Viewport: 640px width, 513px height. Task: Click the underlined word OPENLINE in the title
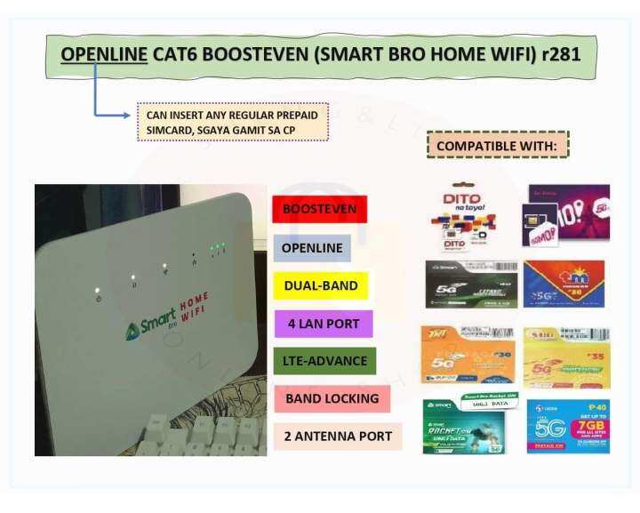(x=103, y=55)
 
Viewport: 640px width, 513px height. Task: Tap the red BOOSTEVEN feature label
(x=319, y=211)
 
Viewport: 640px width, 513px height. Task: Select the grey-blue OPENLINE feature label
(x=311, y=248)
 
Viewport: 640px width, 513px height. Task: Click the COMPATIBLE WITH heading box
(x=498, y=144)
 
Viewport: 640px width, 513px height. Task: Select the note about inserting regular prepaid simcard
(x=233, y=123)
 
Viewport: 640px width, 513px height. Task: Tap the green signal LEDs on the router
(x=217, y=248)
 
